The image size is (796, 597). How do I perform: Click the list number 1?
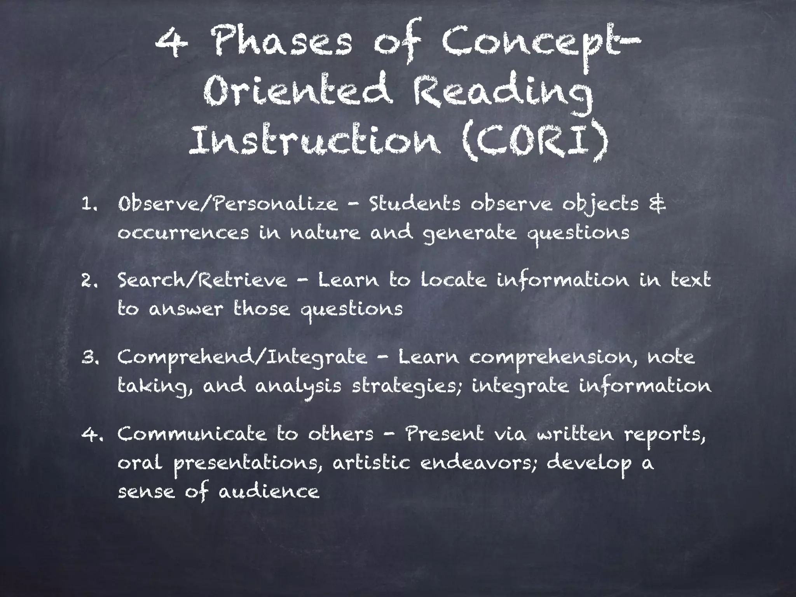point(89,205)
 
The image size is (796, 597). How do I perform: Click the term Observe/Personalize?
point(228,204)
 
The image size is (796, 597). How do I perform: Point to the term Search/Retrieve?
point(202,281)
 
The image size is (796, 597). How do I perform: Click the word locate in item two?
point(453,281)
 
